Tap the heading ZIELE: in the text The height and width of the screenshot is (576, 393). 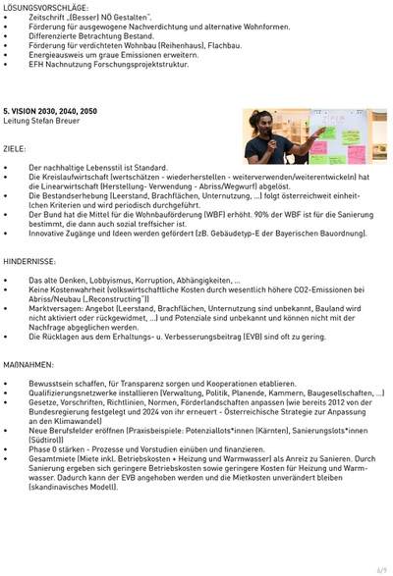point(15,148)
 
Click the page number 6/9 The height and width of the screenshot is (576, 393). point(380,568)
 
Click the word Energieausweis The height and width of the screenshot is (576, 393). point(54,55)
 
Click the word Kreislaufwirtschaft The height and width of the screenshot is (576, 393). point(74,178)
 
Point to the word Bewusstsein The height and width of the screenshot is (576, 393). point(50,383)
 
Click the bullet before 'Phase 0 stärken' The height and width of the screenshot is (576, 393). point(6,448)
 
